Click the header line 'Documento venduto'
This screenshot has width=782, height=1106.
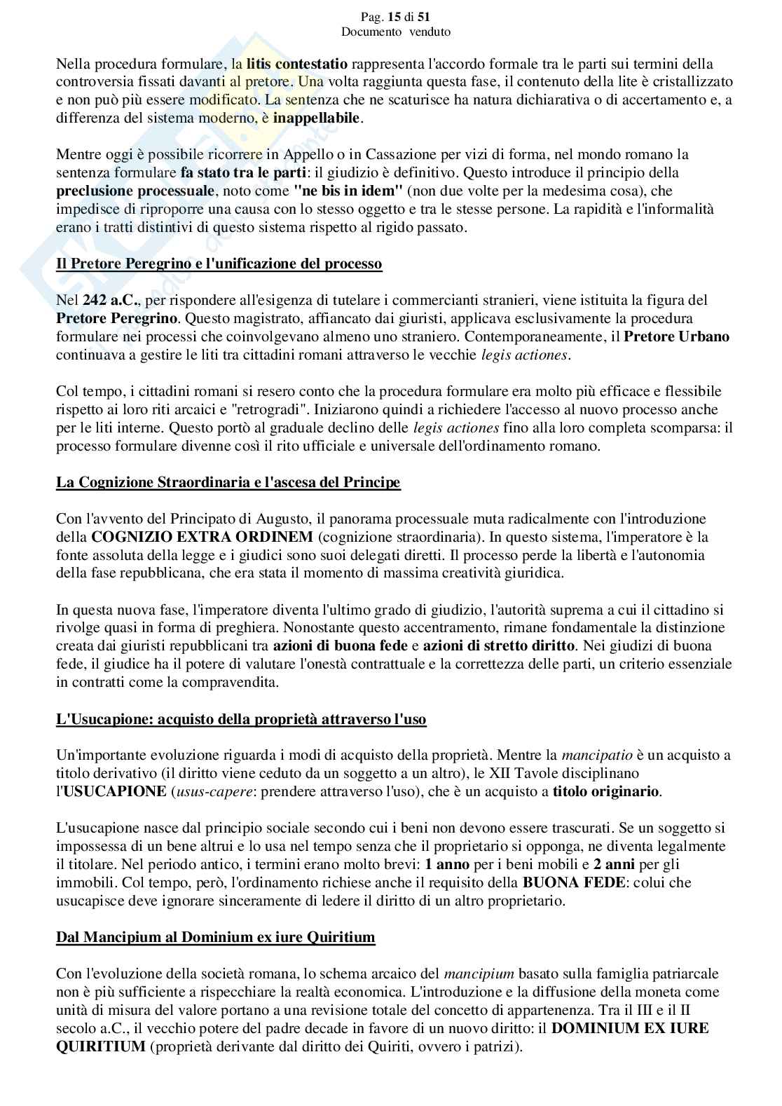(396, 31)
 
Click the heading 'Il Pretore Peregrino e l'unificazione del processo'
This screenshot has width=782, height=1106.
(219, 264)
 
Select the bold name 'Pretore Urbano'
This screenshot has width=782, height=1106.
(677, 336)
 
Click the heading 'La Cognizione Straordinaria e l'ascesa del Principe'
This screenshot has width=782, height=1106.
(228, 482)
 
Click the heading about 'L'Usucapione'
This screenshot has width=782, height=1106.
(240, 719)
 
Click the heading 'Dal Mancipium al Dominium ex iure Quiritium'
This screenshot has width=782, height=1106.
(215, 937)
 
